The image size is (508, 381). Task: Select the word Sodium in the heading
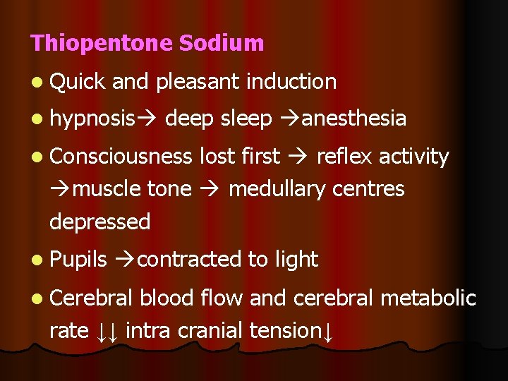tap(222, 43)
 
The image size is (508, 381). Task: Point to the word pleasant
tap(198, 82)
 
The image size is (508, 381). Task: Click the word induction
tap(291, 82)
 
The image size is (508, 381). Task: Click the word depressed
tap(100, 222)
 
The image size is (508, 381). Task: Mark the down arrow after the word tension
tap(327, 331)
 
